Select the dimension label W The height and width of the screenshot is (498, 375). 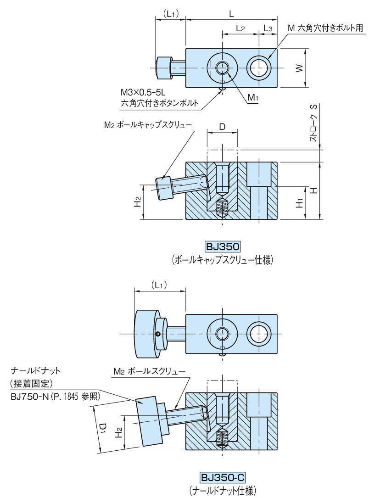(298, 68)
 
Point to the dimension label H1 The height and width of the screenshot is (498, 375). (299, 203)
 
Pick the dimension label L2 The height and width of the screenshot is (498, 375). (240, 28)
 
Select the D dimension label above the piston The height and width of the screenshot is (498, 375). (222, 126)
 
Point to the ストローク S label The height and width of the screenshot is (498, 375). (313, 123)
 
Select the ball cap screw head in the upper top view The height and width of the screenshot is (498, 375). (163, 68)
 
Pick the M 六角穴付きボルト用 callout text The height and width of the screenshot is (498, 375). (325, 28)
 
